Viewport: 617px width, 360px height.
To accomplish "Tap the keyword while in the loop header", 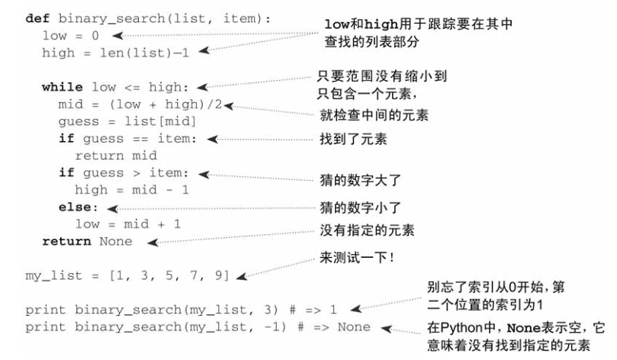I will [63, 87].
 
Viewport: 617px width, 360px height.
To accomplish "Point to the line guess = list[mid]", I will [127, 122].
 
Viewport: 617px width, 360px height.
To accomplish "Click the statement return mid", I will [115, 155].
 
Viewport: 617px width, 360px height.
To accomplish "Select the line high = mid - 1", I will [131, 189].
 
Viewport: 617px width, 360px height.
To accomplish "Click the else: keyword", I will [79, 207].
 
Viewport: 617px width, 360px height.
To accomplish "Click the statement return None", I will [86, 241].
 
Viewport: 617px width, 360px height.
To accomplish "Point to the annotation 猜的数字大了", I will [357, 182].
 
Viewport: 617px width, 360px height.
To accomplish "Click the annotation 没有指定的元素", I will [362, 230].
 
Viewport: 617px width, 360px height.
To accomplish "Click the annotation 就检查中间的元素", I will [374, 115].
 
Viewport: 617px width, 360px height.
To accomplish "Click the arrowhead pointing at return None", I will [152, 243].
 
